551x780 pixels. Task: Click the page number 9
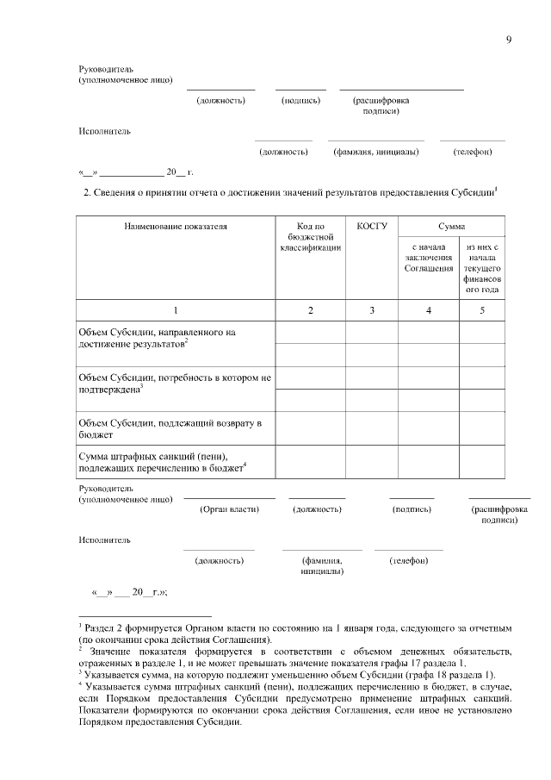(x=509, y=41)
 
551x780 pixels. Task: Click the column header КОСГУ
(x=371, y=226)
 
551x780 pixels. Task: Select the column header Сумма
(x=451, y=226)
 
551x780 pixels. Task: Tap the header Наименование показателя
(x=176, y=226)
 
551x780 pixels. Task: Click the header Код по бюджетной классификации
(x=311, y=237)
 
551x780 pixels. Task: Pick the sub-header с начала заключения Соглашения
(x=428, y=258)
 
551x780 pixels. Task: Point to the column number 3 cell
(x=371, y=309)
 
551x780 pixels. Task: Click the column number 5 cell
(x=482, y=309)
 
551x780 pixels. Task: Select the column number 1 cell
(x=176, y=309)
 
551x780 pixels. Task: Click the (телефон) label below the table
(x=409, y=560)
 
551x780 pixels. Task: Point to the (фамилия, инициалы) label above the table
(x=375, y=152)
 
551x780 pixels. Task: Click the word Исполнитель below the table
(x=104, y=540)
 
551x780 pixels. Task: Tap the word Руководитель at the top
(x=106, y=69)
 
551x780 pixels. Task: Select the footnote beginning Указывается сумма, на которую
(x=288, y=674)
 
